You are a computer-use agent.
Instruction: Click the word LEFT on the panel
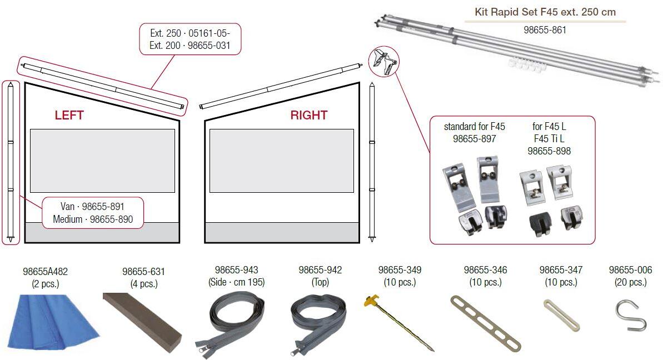[x=69, y=115]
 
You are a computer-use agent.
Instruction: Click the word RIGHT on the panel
[x=308, y=115]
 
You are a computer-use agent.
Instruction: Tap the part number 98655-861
[x=545, y=29]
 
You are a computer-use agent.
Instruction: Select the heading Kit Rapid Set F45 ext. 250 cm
[x=545, y=12]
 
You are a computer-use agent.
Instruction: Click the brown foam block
[x=142, y=321]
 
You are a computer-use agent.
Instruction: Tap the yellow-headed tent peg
[x=398, y=323]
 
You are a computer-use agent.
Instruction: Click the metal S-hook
[x=631, y=315]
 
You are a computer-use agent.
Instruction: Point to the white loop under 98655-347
[x=561, y=314]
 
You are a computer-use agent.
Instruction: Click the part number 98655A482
[x=45, y=272]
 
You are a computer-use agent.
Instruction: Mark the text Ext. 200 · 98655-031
[x=190, y=45]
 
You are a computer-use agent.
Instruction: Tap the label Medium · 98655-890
[x=93, y=219]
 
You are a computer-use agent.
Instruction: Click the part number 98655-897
[x=475, y=138]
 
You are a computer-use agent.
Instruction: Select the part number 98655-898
[x=549, y=151]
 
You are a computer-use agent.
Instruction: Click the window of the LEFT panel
[x=102, y=161]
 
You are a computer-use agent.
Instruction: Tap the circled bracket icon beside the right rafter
[x=383, y=62]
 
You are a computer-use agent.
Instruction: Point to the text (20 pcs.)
[x=630, y=282]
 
